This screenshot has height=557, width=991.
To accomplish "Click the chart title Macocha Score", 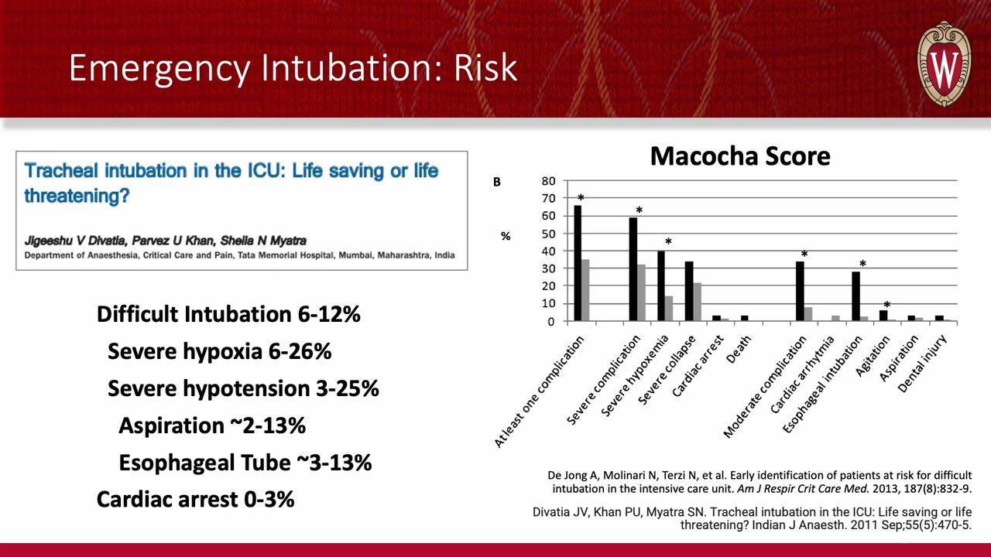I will click(739, 156).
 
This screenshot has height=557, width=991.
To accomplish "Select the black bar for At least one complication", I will click(578, 263).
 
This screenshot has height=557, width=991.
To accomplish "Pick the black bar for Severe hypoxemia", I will click(661, 285).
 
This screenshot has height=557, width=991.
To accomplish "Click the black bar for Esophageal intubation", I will click(856, 296).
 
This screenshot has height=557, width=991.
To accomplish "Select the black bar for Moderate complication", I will click(800, 291).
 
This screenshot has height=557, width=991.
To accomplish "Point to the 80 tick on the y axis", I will click(548, 181).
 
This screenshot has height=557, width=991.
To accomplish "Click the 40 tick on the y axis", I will click(548, 251).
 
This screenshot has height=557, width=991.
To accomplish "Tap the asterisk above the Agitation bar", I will click(886, 306).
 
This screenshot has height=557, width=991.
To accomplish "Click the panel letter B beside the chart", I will click(497, 182).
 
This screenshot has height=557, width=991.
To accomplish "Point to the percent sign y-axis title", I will click(506, 236).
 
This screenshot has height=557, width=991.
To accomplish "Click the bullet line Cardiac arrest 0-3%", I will click(195, 499).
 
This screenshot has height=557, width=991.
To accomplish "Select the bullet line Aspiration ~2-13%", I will click(212, 425).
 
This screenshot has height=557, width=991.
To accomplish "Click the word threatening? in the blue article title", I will click(77, 195).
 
